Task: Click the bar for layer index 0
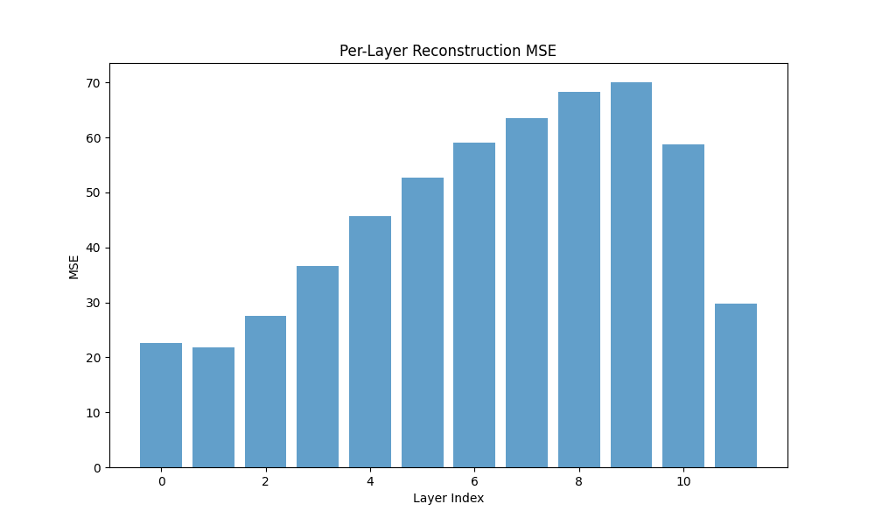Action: click(161, 405)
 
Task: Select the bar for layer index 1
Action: click(213, 407)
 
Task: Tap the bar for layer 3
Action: click(318, 367)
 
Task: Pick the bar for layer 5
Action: click(423, 323)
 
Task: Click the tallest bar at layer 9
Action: click(631, 275)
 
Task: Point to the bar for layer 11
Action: click(736, 386)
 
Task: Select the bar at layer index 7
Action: click(527, 293)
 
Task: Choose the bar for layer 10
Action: click(683, 305)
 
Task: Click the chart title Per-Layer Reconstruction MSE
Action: click(448, 51)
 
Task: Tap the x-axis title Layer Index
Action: click(448, 498)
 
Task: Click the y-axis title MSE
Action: click(73, 267)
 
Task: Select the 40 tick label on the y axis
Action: click(94, 248)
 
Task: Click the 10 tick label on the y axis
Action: click(94, 413)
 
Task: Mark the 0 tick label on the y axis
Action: click(97, 468)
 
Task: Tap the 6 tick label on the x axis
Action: click(474, 481)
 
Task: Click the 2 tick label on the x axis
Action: click(265, 481)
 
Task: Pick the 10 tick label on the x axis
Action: click(683, 481)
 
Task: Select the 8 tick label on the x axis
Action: click(578, 481)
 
